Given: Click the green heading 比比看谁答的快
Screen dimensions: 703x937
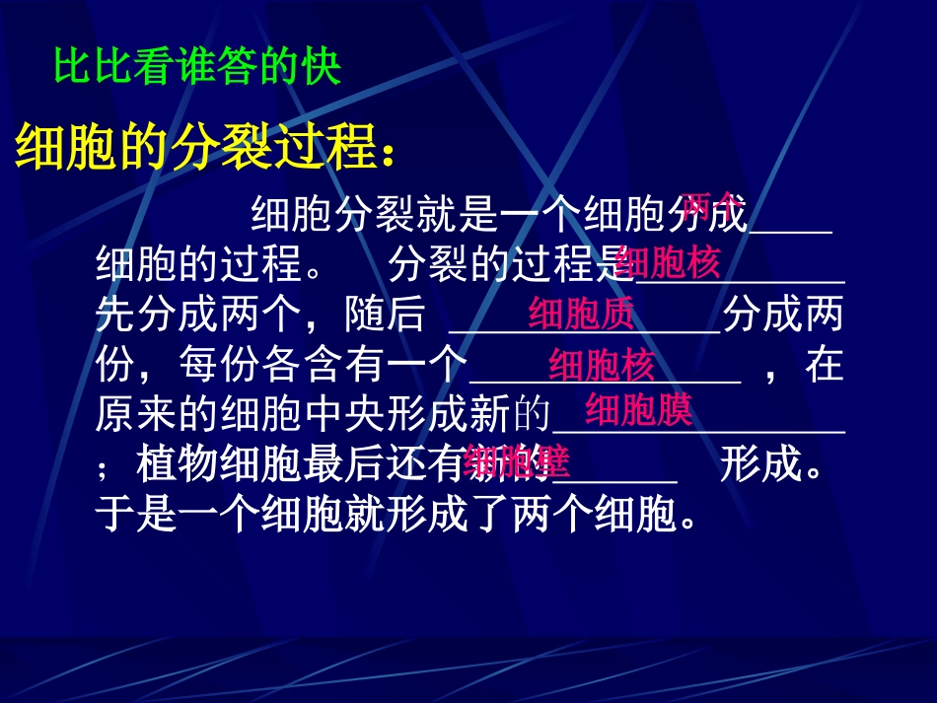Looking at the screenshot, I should click(x=197, y=69).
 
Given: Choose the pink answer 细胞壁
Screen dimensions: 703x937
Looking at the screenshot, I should click(x=517, y=460).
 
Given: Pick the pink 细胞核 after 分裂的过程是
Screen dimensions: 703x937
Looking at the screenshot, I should click(x=669, y=263).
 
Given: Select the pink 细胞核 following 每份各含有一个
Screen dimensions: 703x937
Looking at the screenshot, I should click(x=602, y=365).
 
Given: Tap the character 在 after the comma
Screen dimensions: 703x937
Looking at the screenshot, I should click(x=825, y=366).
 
